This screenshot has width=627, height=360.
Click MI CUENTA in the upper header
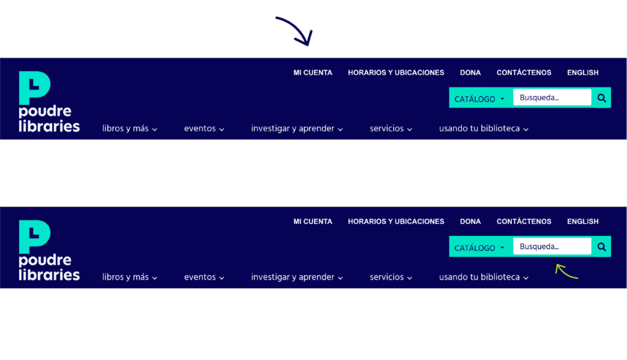313,72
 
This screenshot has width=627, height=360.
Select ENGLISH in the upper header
582,72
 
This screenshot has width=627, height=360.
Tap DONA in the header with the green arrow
470,221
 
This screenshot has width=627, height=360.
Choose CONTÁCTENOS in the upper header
524,72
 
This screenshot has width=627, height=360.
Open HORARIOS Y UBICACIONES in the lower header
396,221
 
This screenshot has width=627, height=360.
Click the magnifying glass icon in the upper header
601,97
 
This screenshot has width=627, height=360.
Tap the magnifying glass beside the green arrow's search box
601,247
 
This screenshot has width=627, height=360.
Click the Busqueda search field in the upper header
552,97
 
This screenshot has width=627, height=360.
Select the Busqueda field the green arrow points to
552,247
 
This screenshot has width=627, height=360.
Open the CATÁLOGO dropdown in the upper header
479,99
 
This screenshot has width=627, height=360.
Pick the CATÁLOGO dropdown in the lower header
479,248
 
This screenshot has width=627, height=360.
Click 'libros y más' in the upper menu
129,129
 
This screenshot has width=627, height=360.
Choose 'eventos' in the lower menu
204,277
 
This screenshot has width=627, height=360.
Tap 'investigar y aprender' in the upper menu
296,129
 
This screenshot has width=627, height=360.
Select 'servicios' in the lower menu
391,277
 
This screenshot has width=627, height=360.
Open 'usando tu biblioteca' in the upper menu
483,129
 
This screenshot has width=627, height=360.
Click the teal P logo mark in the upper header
34,88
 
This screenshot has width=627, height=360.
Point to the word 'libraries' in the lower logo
49,275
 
